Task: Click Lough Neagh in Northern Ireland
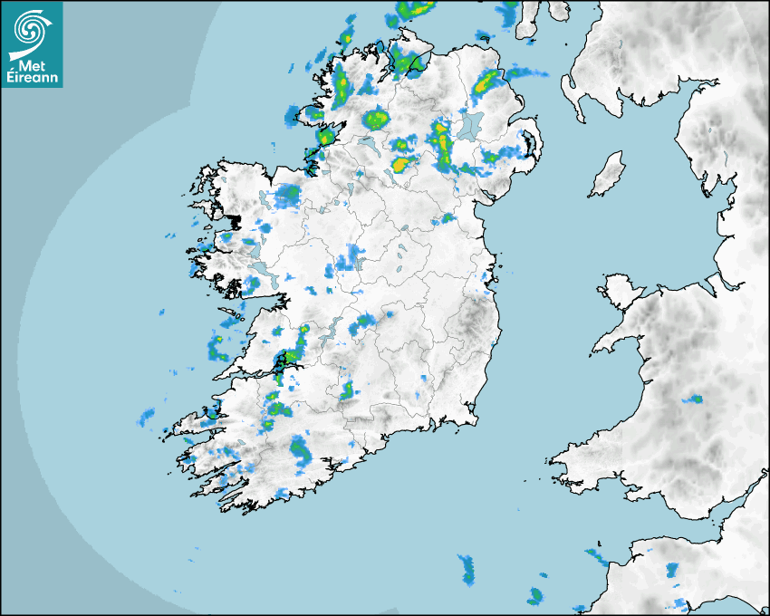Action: (x=470, y=127)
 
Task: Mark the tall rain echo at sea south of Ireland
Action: (x=467, y=570)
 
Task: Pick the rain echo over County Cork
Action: (x=299, y=450)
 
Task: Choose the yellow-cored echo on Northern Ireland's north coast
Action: (x=486, y=82)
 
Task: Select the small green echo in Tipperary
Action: (x=346, y=391)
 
